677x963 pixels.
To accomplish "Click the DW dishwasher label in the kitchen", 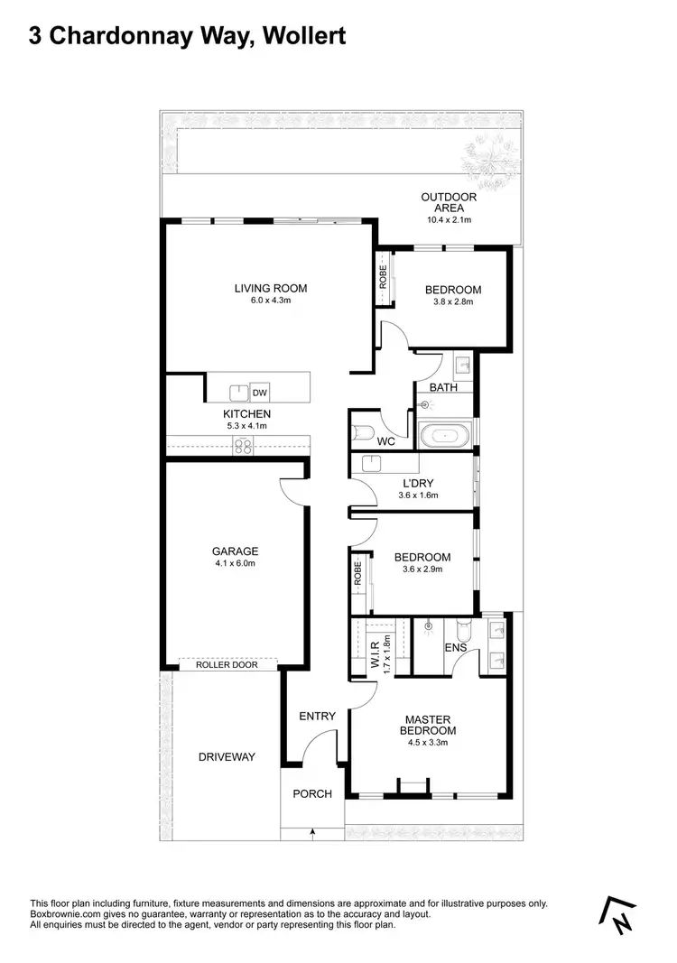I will [260, 393].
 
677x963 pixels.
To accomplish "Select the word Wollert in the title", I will [300, 37].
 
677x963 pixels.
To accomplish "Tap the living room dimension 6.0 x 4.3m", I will [270, 301].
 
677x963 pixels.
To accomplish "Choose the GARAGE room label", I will [235, 551].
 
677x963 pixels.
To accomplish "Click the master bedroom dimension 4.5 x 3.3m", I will [430, 743].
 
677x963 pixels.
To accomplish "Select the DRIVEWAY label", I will [227, 757].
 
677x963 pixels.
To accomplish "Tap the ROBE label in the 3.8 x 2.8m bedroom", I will [383, 282].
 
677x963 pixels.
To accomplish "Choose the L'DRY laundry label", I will [418, 483].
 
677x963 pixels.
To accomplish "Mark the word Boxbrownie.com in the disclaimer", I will [66, 915].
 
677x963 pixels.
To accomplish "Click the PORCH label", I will [312, 794].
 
